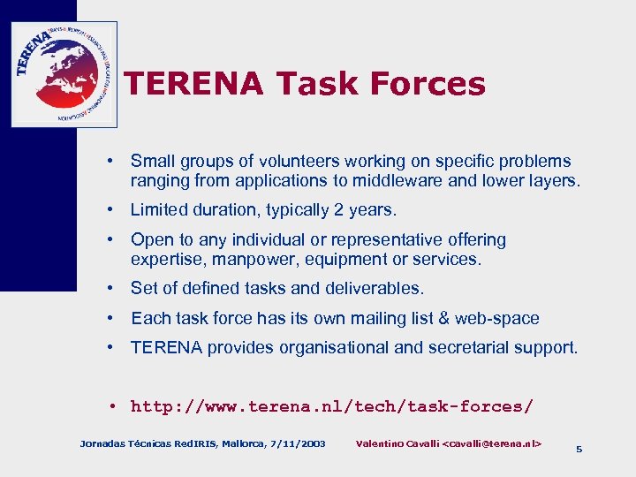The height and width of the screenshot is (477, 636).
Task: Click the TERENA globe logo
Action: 64,73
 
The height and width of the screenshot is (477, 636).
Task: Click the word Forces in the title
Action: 428,84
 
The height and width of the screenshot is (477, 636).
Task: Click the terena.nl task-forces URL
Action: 331,406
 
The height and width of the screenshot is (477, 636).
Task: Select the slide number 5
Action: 579,450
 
